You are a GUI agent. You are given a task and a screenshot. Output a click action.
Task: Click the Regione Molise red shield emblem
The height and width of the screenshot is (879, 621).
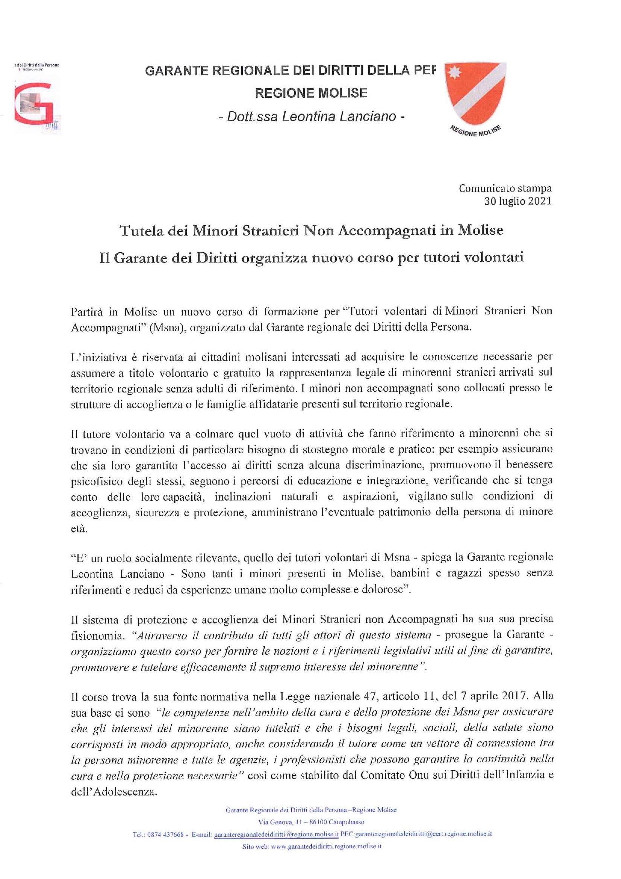tap(475, 93)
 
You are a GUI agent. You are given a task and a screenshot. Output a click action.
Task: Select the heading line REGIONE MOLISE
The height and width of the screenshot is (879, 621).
tap(311, 93)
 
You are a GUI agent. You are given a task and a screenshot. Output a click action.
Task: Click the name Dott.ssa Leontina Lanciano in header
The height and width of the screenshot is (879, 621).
tap(311, 116)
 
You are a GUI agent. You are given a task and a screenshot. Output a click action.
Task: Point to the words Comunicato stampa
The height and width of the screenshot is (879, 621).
tap(505, 188)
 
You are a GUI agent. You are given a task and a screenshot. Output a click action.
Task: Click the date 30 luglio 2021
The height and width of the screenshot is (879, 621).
tap(517, 201)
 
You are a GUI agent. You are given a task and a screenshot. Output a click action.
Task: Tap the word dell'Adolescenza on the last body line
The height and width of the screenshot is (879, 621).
tap(114, 792)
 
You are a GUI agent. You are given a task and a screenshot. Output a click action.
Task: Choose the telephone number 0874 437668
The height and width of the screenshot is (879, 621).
tap(166, 834)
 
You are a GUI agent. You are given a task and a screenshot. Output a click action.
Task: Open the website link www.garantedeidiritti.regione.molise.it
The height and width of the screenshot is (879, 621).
tap(326, 846)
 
